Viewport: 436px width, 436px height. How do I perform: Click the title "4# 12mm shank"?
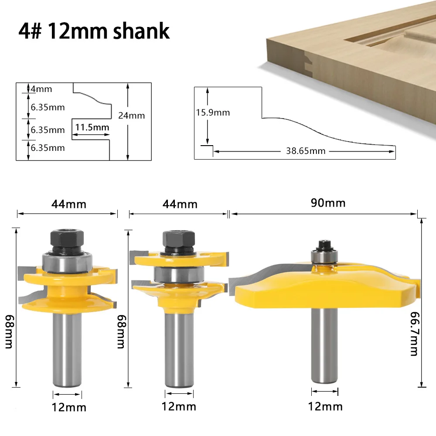94,31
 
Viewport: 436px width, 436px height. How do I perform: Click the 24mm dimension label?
131,116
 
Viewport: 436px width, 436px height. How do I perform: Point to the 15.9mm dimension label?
213,112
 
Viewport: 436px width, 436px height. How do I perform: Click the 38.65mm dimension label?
306,151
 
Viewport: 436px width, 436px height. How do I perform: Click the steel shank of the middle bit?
179,349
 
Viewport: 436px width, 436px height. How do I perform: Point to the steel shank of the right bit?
325,344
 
